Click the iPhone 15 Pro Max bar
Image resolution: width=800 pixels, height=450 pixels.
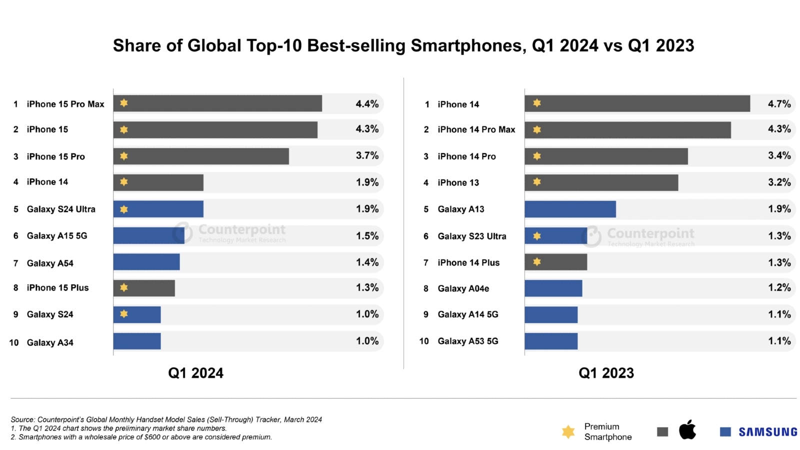click(217, 103)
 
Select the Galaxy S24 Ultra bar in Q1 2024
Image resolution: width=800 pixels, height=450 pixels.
click(158, 209)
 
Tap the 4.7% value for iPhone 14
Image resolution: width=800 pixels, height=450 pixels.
click(779, 104)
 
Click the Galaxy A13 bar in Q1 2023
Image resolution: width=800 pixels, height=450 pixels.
click(570, 209)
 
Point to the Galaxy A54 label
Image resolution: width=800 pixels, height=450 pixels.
click(50, 263)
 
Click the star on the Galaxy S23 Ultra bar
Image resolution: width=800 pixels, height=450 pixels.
click(537, 235)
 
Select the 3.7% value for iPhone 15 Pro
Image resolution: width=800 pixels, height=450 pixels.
click(367, 155)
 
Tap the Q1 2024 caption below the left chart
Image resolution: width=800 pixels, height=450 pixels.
click(195, 373)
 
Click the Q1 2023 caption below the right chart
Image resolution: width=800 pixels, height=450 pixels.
click(606, 373)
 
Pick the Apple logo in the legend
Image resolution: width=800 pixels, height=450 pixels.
click(687, 430)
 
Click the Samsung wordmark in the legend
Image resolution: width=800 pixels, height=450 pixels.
click(768, 432)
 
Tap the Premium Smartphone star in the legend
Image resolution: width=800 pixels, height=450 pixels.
click(568, 431)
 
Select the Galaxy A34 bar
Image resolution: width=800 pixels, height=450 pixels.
click(137, 341)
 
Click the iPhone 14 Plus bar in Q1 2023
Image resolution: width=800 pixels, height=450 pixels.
click(555, 262)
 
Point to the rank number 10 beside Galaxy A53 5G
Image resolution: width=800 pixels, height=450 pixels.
click(424, 341)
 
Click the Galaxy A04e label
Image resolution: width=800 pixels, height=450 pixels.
click(463, 288)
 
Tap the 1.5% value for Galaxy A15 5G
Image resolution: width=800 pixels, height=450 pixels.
click(367, 235)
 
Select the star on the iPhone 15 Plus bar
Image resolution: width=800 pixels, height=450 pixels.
click(124, 287)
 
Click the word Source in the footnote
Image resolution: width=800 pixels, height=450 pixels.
click(22, 419)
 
